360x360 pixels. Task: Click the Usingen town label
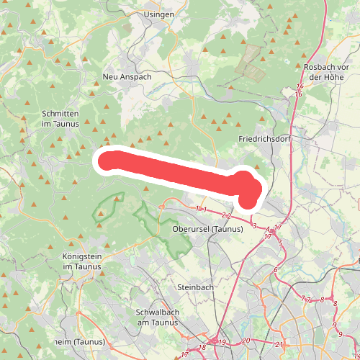coord(159,14)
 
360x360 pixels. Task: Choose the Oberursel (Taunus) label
coord(209,229)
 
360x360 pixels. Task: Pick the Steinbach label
coord(195,287)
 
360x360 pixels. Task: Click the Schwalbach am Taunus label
coord(156,318)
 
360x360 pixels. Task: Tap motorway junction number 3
coord(254,226)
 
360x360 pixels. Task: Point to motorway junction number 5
coord(280,243)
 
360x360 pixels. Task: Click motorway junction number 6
coord(276,270)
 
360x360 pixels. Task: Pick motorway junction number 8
coord(323,300)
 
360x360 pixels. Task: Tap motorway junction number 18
coord(202,348)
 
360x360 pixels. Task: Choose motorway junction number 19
coord(222,342)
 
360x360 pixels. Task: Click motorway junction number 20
coord(246,340)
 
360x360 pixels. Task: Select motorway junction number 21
coord(279,344)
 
